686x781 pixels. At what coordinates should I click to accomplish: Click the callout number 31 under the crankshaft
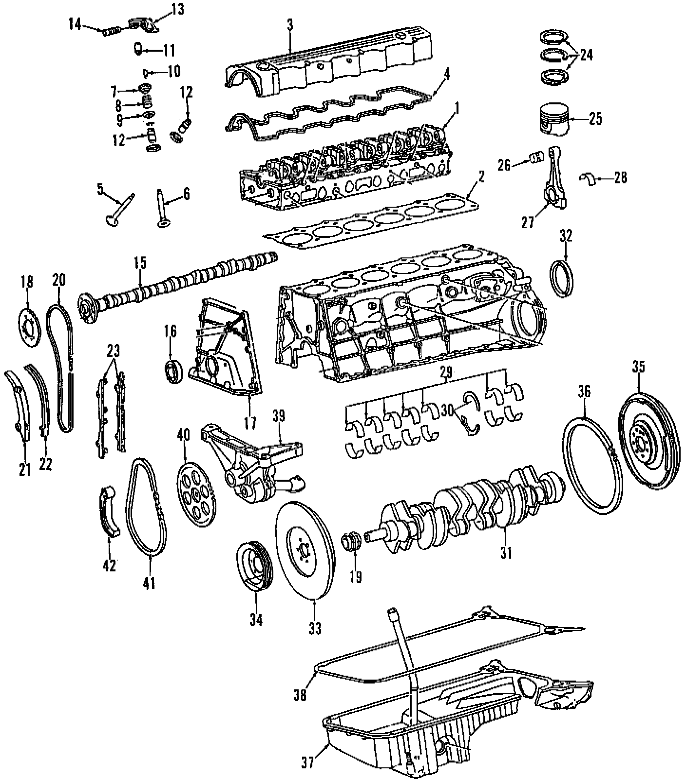tap(506, 553)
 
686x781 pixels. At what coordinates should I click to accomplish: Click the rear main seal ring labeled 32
tap(565, 278)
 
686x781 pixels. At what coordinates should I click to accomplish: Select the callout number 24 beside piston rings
tap(587, 55)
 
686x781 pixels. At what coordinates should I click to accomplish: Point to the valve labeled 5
tap(118, 210)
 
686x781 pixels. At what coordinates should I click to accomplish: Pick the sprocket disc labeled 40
tap(196, 495)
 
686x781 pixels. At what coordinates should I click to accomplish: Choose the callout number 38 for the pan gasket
tap(301, 694)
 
